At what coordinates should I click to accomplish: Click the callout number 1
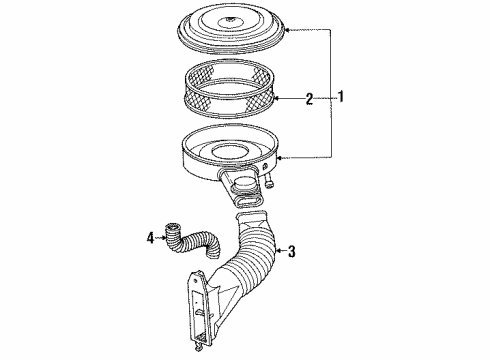coord(342,97)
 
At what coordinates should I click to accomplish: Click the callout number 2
coord(310,98)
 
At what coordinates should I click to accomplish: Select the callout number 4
coord(152,237)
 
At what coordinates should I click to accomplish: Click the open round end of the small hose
coord(174,237)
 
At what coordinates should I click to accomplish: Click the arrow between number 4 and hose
coord(163,237)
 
